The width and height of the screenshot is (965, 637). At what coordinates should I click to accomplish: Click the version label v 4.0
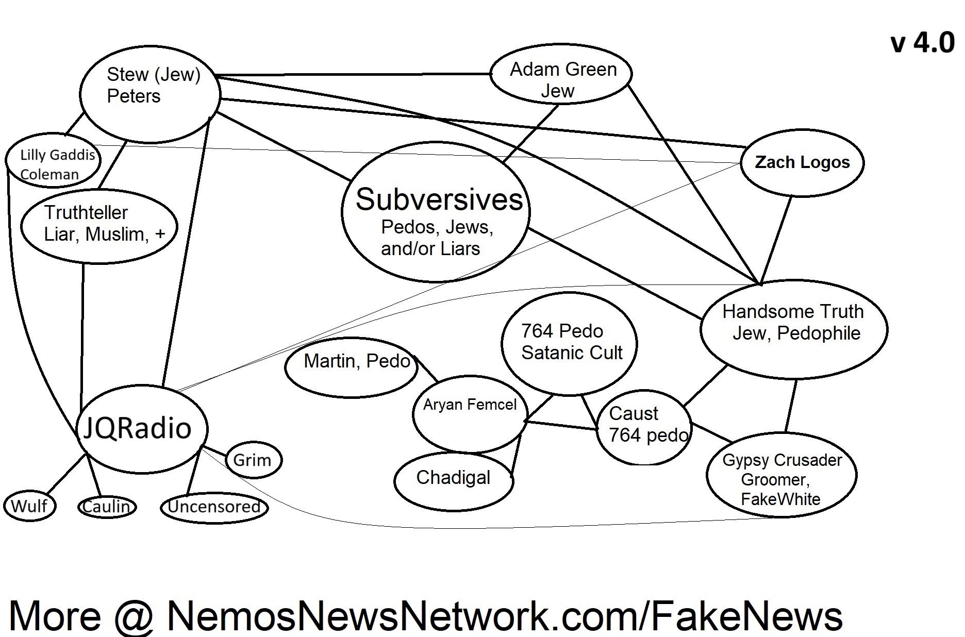coord(922,43)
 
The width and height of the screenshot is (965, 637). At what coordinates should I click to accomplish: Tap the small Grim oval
coord(252,460)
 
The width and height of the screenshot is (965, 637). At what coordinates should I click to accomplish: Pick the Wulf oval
coord(29,506)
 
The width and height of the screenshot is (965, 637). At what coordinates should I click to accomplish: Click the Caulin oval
coord(107,507)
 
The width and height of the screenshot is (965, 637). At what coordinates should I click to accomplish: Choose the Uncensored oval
coord(214,507)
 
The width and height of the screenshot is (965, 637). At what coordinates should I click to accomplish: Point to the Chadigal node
coord(453,478)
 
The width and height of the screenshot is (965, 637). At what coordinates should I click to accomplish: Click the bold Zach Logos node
coord(802,162)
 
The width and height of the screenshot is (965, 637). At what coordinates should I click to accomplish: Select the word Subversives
coord(439,199)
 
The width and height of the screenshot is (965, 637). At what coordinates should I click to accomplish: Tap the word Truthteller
coord(86,212)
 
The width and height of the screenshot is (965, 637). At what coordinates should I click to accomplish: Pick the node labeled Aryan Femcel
coord(470,405)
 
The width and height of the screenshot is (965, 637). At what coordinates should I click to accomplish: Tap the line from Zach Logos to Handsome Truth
coord(776,239)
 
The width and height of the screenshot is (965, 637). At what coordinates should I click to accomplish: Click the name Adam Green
coord(563,69)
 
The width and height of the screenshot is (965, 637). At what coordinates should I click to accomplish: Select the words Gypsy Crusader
coord(781,460)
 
